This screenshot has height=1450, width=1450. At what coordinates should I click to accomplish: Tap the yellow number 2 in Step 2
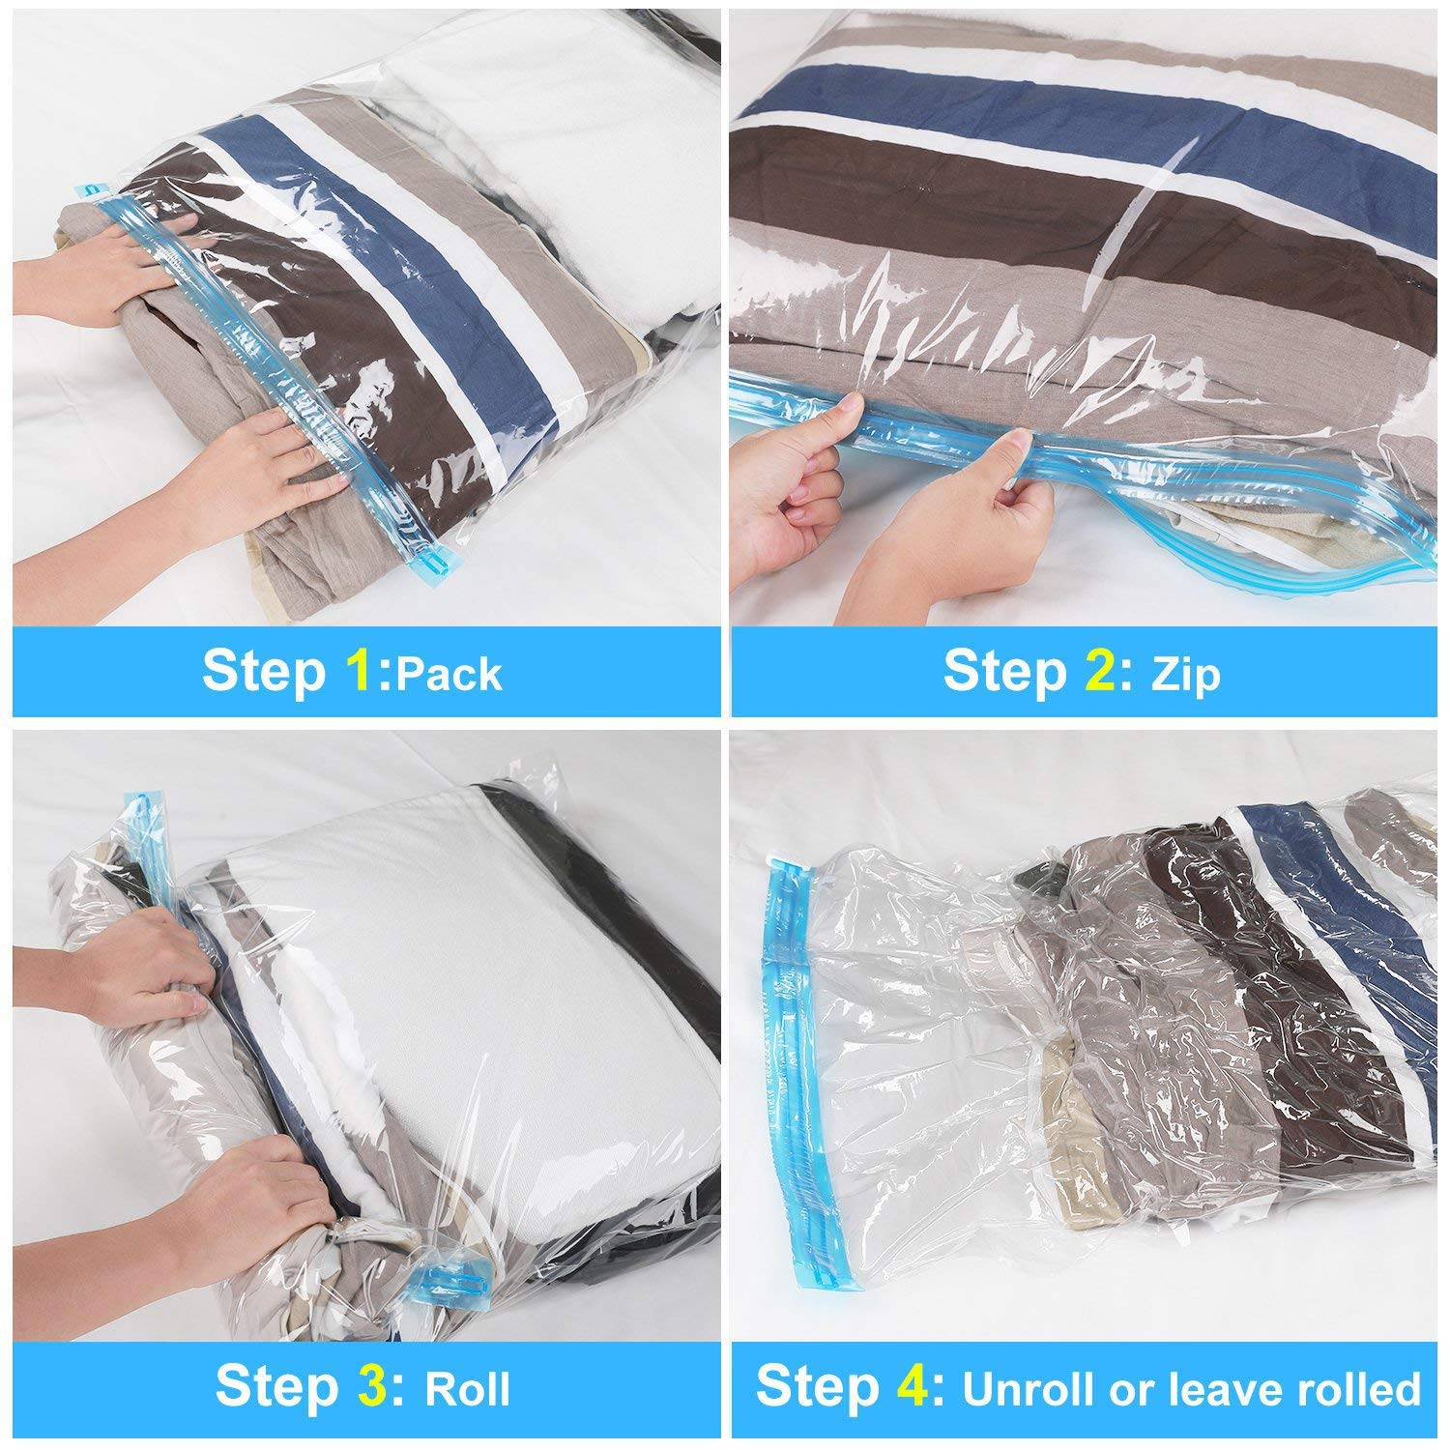click(1099, 671)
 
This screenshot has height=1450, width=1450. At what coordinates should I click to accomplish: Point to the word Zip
click(1186, 674)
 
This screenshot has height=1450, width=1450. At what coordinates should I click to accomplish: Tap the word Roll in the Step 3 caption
click(468, 1388)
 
